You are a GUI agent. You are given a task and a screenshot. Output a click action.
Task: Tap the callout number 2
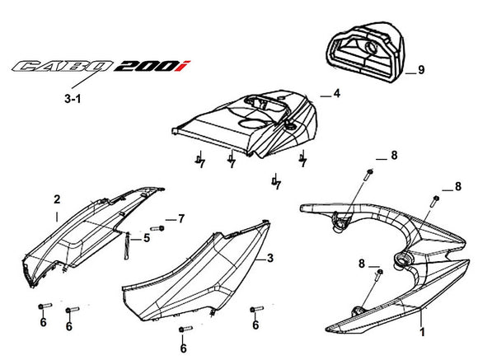56,199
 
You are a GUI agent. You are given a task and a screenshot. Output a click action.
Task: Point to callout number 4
336,95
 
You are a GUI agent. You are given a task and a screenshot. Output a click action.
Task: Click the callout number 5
146,239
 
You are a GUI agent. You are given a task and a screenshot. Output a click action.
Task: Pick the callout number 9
420,70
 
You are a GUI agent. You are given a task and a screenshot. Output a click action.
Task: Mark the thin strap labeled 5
128,245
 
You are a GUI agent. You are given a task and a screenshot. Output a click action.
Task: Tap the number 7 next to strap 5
181,218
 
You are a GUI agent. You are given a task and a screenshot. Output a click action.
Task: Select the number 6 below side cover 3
183,347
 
